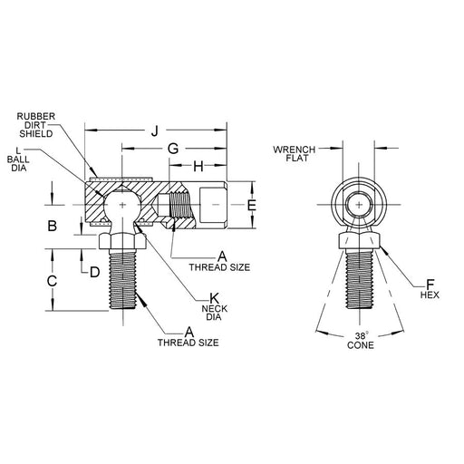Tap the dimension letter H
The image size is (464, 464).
pos(197,166)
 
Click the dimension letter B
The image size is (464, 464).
pos(53,226)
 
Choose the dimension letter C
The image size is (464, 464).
pos(53,281)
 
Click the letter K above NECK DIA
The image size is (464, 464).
pos(214,297)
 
